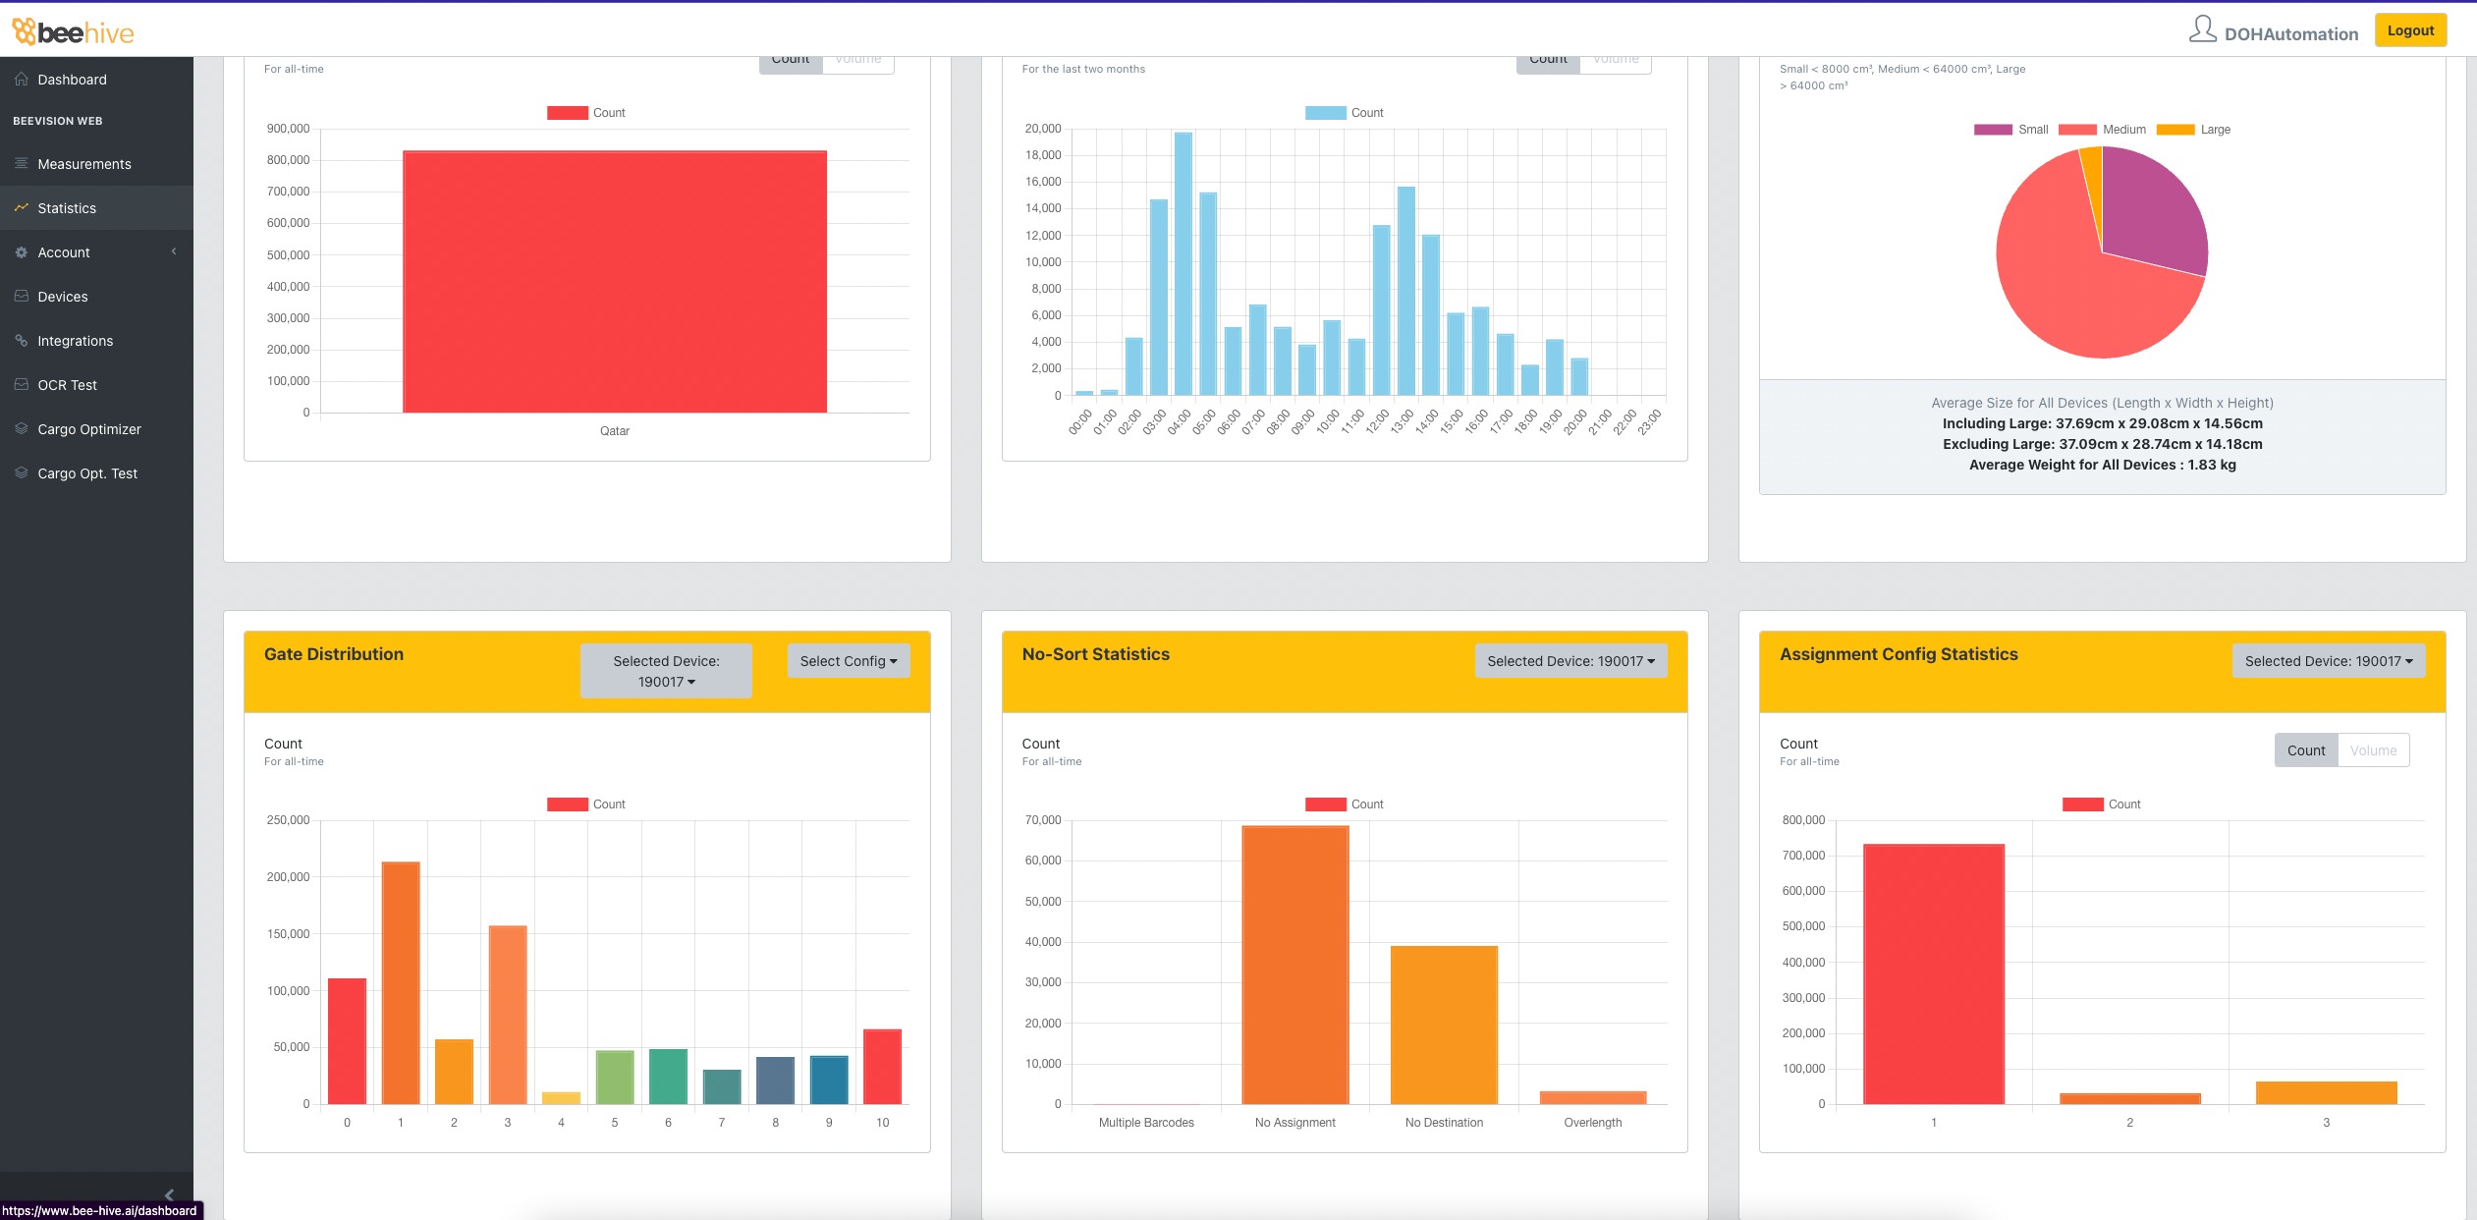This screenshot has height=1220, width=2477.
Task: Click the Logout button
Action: click(2409, 30)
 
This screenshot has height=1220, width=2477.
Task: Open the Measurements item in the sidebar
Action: click(83, 164)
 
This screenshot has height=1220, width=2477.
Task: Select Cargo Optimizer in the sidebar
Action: click(88, 429)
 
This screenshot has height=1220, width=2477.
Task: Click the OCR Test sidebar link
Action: click(67, 385)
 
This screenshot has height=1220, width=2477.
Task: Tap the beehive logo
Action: click(74, 32)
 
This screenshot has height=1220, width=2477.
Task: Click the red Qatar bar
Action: click(614, 281)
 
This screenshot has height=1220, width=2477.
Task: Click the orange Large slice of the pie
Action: click(2093, 172)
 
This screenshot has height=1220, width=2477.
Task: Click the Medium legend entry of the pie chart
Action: click(2122, 130)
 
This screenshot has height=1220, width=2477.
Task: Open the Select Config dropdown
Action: click(848, 661)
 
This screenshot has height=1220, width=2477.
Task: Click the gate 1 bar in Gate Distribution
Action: click(401, 982)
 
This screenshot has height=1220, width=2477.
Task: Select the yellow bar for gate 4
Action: click(561, 1098)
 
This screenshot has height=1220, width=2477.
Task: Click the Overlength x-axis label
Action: click(1592, 1123)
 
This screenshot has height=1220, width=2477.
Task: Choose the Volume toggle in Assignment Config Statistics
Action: click(2373, 750)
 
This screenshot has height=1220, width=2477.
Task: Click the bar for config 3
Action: click(2326, 1092)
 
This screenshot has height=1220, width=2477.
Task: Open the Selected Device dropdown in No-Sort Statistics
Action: click(1569, 661)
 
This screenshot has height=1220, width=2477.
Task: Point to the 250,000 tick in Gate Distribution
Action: click(288, 820)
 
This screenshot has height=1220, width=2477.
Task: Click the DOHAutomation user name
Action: click(2290, 34)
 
